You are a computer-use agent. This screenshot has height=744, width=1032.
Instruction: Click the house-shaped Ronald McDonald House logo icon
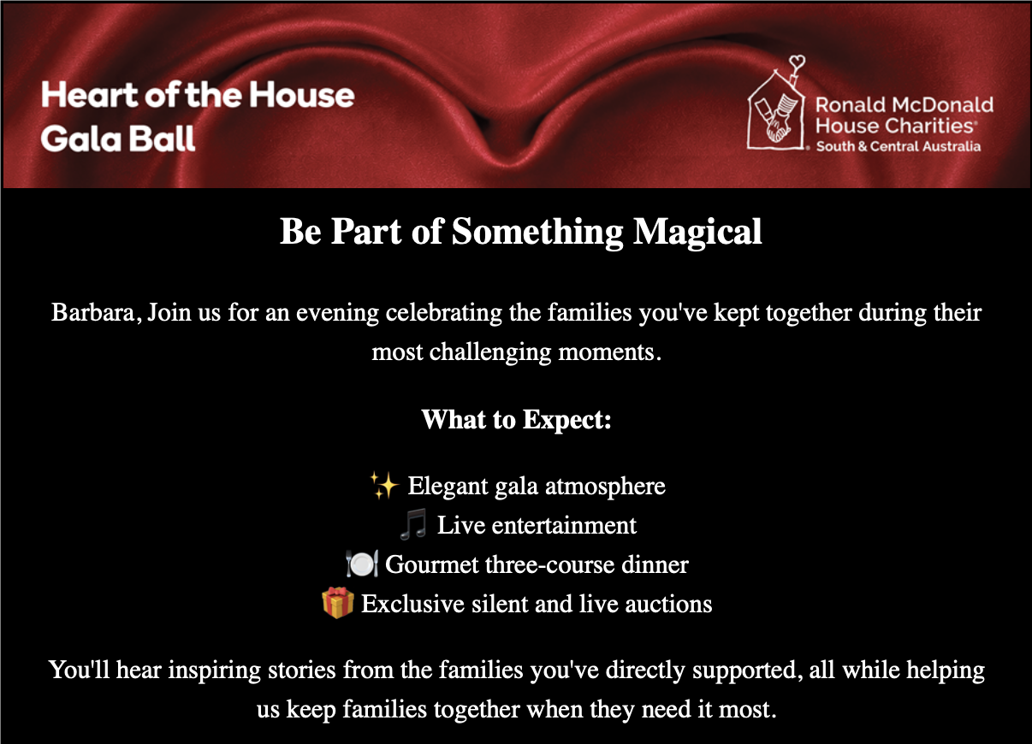[x=776, y=109]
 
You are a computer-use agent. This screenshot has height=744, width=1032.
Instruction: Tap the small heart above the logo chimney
[x=797, y=62]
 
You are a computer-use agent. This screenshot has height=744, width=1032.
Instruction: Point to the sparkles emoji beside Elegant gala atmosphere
[x=384, y=485]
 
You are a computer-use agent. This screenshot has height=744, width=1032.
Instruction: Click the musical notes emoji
[x=412, y=524]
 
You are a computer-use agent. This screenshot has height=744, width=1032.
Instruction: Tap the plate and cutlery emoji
[x=362, y=564]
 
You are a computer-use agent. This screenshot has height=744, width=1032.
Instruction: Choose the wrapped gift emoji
[x=338, y=603]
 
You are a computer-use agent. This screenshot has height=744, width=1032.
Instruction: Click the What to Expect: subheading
[x=517, y=419]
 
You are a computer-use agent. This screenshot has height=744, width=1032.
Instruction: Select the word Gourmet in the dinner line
[x=431, y=564]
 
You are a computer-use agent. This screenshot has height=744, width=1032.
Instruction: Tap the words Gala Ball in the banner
[x=118, y=139]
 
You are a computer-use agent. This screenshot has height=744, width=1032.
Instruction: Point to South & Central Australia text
[x=899, y=146]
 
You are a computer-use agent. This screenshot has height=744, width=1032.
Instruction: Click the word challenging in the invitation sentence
[x=490, y=352]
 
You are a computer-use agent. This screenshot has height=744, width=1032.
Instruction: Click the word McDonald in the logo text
[x=943, y=105]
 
